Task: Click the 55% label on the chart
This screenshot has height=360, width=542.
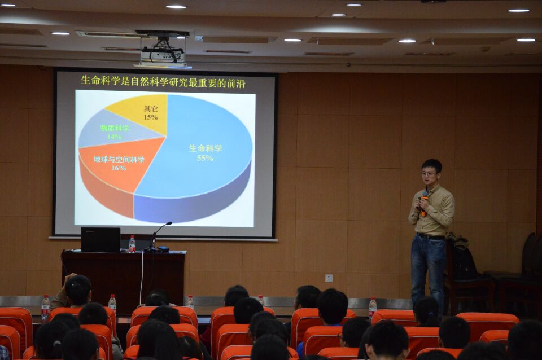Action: coord(205,158)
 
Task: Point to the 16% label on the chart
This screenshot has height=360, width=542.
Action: coord(119,168)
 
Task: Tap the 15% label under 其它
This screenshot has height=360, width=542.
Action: coord(151,117)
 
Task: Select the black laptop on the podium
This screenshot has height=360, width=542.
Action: coord(100,239)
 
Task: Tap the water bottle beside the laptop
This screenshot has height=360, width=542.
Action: coord(132,244)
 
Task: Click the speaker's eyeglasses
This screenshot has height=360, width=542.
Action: coord(429,174)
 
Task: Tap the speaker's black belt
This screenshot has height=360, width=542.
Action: coord(431,236)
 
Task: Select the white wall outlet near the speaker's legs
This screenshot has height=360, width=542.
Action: coord(329,278)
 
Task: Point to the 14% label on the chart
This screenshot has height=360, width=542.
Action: coord(114,136)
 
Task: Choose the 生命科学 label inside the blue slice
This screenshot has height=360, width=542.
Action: coord(206,148)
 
